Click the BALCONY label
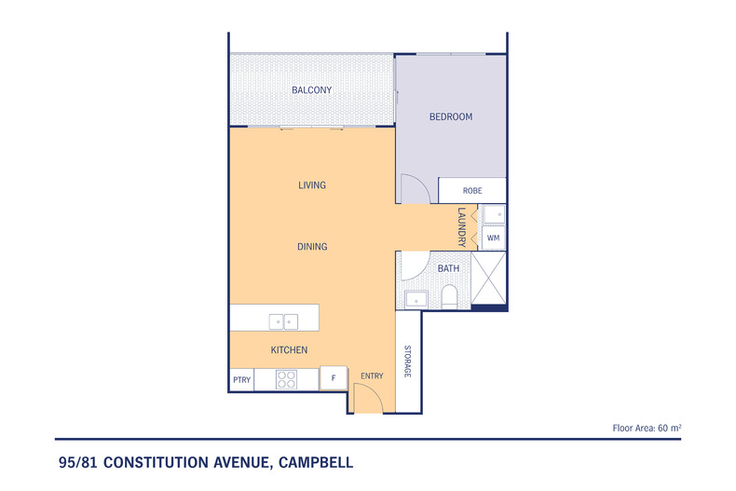(311, 90)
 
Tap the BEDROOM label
(450, 117)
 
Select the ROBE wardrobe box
(472, 190)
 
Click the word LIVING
(311, 185)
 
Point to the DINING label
(311, 247)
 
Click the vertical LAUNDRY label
(461, 227)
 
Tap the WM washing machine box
(494, 239)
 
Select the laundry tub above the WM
(495, 215)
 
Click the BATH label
(448, 269)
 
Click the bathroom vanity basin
(416, 299)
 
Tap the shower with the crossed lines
(489, 280)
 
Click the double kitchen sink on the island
(283, 321)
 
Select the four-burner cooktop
(286, 380)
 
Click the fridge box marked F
(333, 379)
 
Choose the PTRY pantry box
(240, 380)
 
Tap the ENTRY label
(372, 376)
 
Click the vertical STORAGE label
(408, 361)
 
